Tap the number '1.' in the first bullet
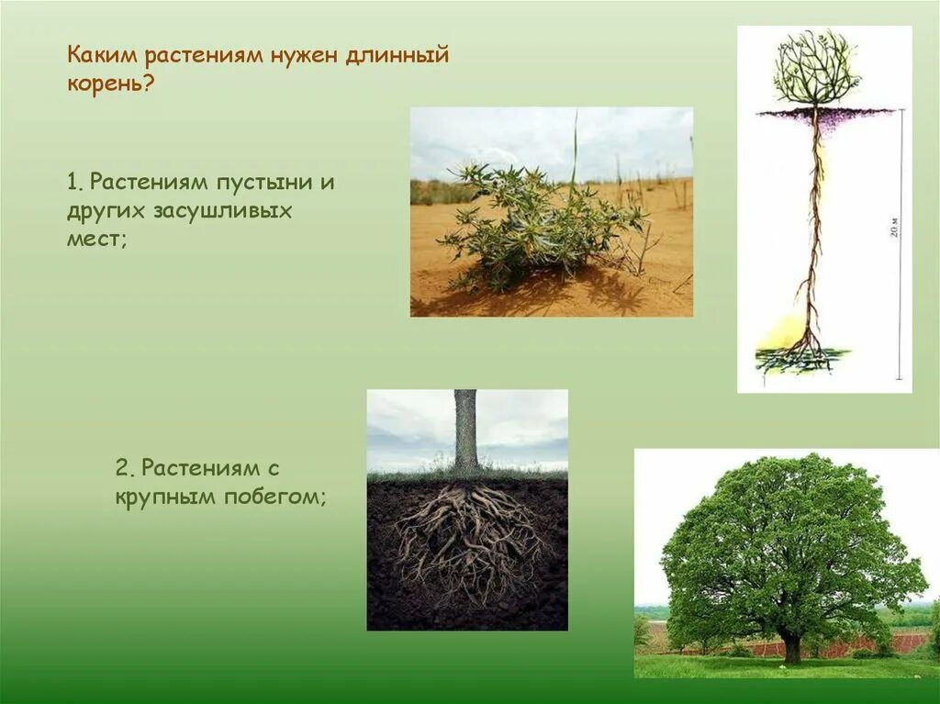[74, 182]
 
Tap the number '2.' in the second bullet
[127, 468]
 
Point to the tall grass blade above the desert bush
[575, 147]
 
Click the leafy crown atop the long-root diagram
[815, 69]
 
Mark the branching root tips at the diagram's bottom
[804, 352]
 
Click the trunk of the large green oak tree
[790, 646]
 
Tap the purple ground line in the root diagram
[826, 113]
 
